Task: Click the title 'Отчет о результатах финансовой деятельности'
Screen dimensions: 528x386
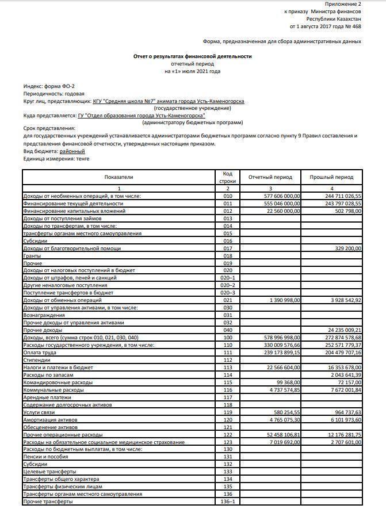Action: pyautogui.click(x=193, y=56)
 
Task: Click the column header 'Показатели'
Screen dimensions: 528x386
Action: pyautogui.click(x=119, y=177)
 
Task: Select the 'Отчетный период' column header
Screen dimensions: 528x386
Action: pyautogui.click(x=270, y=177)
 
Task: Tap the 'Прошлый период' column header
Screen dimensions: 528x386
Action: pyautogui.click(x=331, y=177)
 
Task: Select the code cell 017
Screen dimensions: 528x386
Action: pyautogui.click(x=228, y=248)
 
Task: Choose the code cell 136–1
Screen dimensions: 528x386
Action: pyautogui.click(x=228, y=502)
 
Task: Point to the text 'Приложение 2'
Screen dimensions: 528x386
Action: pyautogui.click(x=346, y=4)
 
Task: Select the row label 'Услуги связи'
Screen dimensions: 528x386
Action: pyautogui.click(x=38, y=412)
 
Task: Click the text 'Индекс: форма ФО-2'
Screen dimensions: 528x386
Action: pyautogui.click(x=49, y=86)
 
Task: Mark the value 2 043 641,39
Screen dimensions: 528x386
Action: pyautogui.click(x=343, y=374)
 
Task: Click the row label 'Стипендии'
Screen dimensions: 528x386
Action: pyautogui.click(x=35, y=359)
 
